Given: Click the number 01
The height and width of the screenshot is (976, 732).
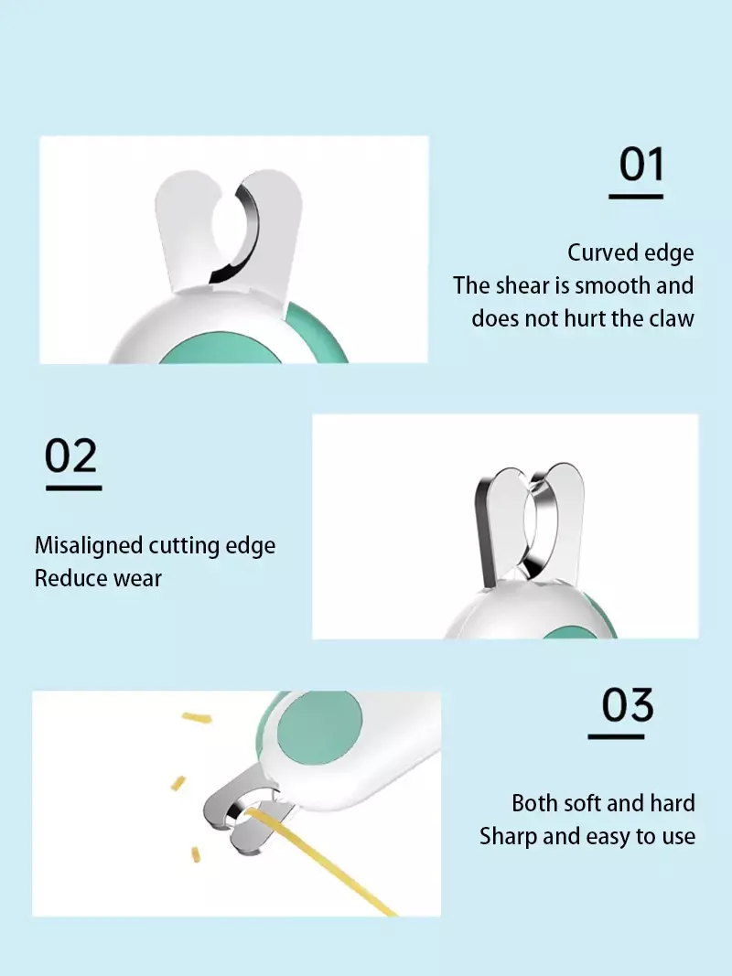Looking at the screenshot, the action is [x=641, y=165].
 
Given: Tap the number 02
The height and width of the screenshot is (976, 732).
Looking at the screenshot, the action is [x=71, y=456].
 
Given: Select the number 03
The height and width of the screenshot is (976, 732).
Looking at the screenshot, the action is [x=628, y=704].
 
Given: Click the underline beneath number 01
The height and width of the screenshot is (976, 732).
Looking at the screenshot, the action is [x=636, y=196].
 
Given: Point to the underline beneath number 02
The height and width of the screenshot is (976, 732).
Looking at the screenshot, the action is [x=73, y=488].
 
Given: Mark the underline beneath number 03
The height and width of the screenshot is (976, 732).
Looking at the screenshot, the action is [x=616, y=736].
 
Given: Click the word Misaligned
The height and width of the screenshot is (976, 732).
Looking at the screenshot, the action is [x=89, y=545].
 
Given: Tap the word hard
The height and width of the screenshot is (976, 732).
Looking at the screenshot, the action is [x=673, y=804].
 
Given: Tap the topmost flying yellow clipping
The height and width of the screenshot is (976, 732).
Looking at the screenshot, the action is [x=197, y=718].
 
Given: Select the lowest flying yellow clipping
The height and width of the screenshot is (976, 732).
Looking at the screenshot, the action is [x=196, y=854].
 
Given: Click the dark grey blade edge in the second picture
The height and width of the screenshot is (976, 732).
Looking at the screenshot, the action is [x=485, y=529].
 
